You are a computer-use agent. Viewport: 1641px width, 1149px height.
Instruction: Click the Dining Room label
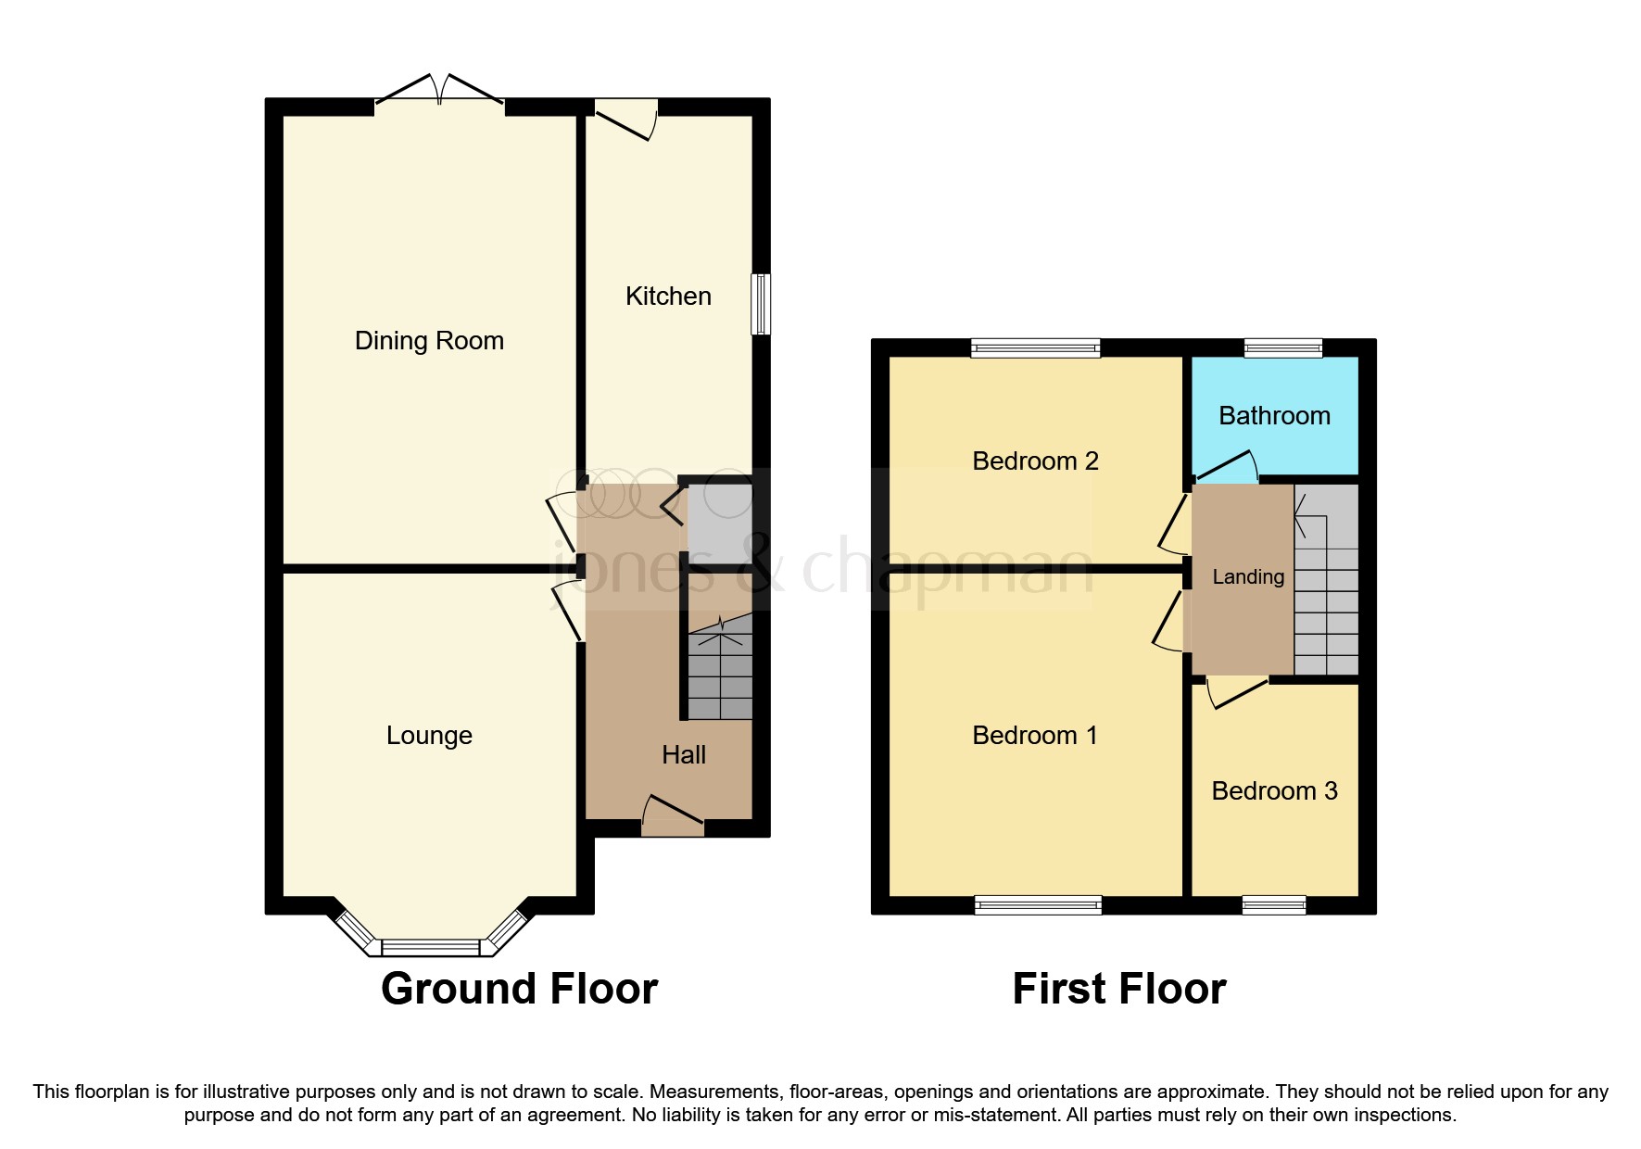point(429,341)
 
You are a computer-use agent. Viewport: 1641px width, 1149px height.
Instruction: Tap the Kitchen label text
point(668,297)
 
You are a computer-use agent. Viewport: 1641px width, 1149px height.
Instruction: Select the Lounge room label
point(429,736)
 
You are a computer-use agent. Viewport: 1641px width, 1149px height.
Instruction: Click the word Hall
point(684,755)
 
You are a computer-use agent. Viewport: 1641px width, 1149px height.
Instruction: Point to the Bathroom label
point(1274,416)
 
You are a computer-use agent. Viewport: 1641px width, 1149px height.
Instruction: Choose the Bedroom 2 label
point(1035,461)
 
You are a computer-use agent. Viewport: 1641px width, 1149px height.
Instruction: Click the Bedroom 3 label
point(1274,791)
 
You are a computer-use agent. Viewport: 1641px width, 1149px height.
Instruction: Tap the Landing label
point(1248,577)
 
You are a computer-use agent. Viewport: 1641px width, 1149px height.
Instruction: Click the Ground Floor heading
point(519,990)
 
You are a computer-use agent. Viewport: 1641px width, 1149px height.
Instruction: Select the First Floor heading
point(1118,990)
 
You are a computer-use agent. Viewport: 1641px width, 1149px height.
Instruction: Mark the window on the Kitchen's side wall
point(760,303)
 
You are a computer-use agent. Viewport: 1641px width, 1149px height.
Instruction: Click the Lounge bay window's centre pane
point(431,948)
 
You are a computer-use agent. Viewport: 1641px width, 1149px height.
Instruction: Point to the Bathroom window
point(1283,348)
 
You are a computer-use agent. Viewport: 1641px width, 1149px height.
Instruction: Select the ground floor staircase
point(720,672)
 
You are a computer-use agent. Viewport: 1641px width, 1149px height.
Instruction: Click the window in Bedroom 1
point(1038,905)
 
